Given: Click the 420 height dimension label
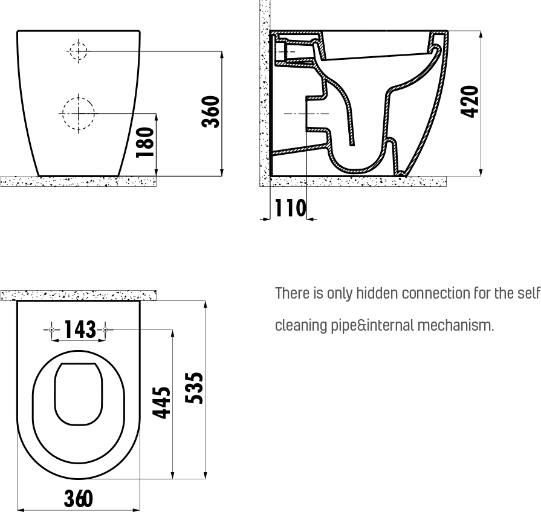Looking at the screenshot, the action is [470, 102].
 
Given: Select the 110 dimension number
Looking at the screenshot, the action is [290, 208].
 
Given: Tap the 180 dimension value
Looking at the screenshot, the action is [145, 143].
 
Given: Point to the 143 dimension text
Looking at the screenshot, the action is [80, 329].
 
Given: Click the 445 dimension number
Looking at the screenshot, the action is [161, 403].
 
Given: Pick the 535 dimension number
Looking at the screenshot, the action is [194, 388].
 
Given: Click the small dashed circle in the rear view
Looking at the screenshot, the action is [79, 51].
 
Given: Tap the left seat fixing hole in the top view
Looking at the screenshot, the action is [52, 330].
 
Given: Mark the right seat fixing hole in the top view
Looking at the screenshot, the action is [106, 330].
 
